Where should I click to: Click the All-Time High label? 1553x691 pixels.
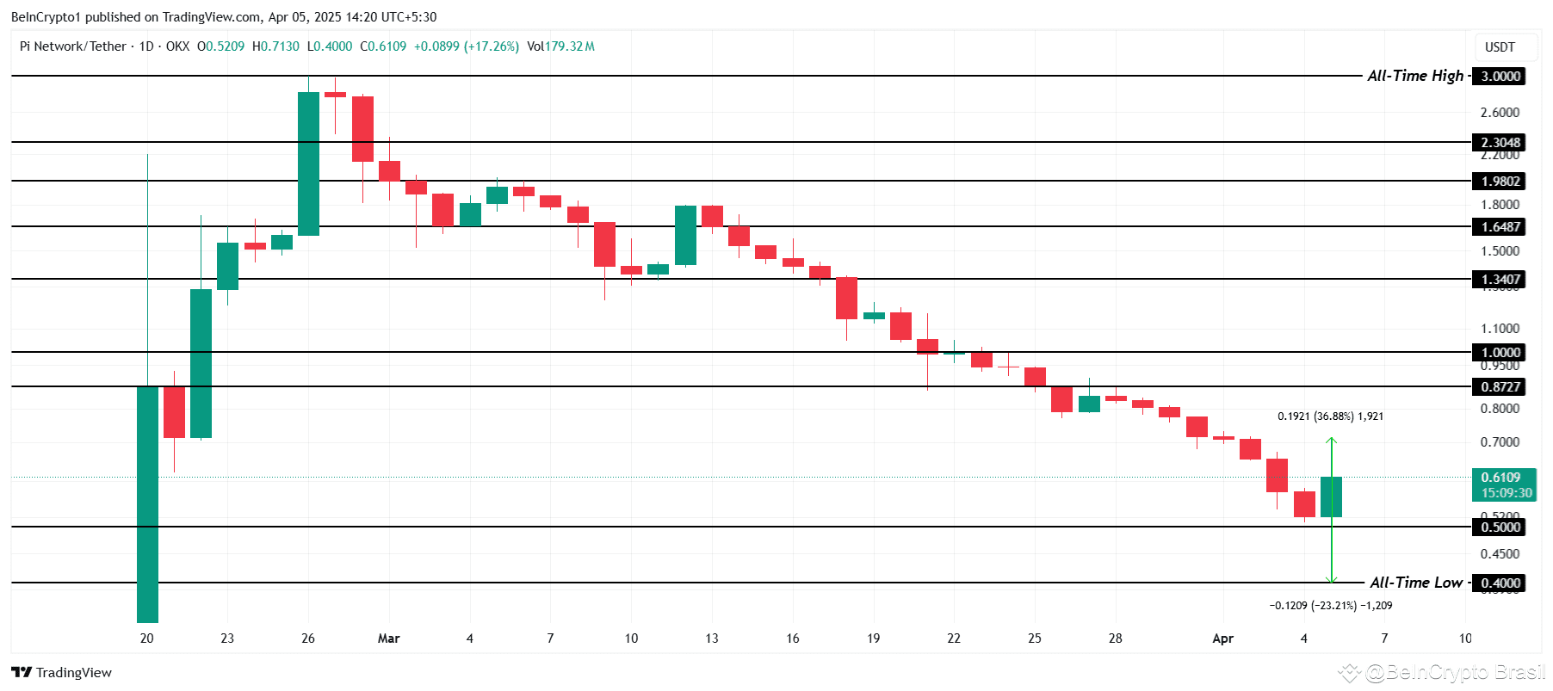(x=1415, y=76)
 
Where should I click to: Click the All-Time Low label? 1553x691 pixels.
(x=1416, y=583)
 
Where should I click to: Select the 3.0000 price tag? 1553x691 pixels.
(x=1500, y=76)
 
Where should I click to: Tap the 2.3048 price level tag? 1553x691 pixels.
(x=1500, y=142)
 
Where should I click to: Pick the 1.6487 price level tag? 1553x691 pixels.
(x=1500, y=226)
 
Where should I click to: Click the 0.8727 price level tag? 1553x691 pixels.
(x=1500, y=386)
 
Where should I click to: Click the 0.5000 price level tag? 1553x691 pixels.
(x=1500, y=527)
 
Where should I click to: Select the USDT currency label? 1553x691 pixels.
(x=1500, y=47)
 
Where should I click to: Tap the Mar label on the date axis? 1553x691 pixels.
(x=389, y=638)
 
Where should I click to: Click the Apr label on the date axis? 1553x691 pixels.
(x=1222, y=638)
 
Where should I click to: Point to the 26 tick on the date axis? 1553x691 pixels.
(x=308, y=638)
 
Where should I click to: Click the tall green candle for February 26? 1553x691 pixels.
(x=308, y=163)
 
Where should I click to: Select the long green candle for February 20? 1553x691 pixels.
(x=147, y=503)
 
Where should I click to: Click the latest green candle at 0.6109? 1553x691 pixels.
(x=1331, y=497)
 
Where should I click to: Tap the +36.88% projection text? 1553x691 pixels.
(x=1330, y=416)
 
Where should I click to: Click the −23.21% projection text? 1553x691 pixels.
(x=1330, y=606)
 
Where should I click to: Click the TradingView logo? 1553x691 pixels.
(x=61, y=672)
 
